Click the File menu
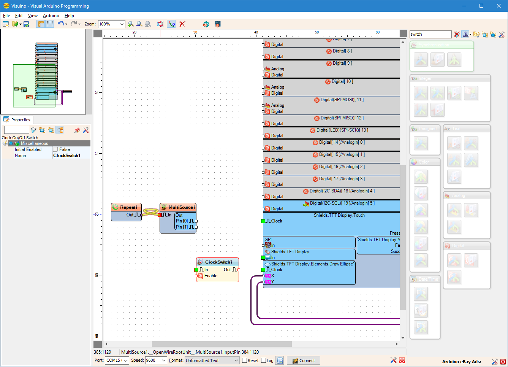(6, 16)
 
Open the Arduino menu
(51, 16)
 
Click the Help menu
(69, 16)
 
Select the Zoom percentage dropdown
(111, 24)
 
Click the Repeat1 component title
(128, 207)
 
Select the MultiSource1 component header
(181, 207)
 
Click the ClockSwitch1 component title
(218, 262)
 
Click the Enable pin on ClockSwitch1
(210, 276)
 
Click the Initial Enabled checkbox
(55, 149)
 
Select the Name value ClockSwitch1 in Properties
(67, 156)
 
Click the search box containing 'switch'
(430, 34)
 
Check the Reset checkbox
(245, 361)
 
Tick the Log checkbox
(264, 361)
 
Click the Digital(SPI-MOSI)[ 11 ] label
(342, 100)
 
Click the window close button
(499, 6)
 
